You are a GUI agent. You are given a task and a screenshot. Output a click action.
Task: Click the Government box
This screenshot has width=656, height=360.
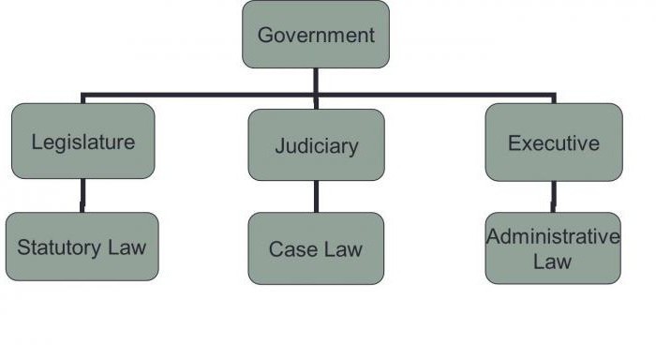click(x=316, y=35)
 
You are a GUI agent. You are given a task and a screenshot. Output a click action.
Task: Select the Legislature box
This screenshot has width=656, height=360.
click(x=82, y=142)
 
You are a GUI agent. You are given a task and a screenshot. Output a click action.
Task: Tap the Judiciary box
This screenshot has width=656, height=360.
click(x=316, y=145)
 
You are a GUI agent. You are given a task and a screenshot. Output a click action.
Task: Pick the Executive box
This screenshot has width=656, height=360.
click(x=553, y=142)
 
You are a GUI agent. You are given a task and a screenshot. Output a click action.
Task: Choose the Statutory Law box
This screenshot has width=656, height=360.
click(x=82, y=247)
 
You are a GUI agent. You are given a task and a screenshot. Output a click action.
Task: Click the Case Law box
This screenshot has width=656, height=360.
click(x=316, y=248)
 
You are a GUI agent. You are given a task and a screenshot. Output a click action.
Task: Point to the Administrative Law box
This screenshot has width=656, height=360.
click(x=553, y=247)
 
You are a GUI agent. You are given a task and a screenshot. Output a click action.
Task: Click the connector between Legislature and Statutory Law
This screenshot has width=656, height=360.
click(x=82, y=196)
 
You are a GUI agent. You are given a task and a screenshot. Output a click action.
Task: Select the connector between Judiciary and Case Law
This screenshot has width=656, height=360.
click(x=316, y=196)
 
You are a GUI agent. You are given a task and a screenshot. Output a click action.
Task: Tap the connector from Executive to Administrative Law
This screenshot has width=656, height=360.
click(x=553, y=196)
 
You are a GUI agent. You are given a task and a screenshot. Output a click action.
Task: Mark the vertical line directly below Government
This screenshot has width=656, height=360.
click(x=316, y=82)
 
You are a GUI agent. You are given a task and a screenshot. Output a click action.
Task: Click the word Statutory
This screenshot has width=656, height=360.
click(x=58, y=248)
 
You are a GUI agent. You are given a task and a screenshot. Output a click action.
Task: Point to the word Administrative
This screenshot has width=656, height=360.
click(x=553, y=236)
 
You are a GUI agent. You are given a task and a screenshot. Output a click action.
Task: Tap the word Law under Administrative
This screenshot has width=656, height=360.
click(x=553, y=260)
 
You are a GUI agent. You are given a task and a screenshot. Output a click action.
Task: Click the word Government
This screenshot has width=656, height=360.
click(x=316, y=36)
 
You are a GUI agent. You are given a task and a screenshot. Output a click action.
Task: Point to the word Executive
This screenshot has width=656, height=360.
click(x=553, y=143)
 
